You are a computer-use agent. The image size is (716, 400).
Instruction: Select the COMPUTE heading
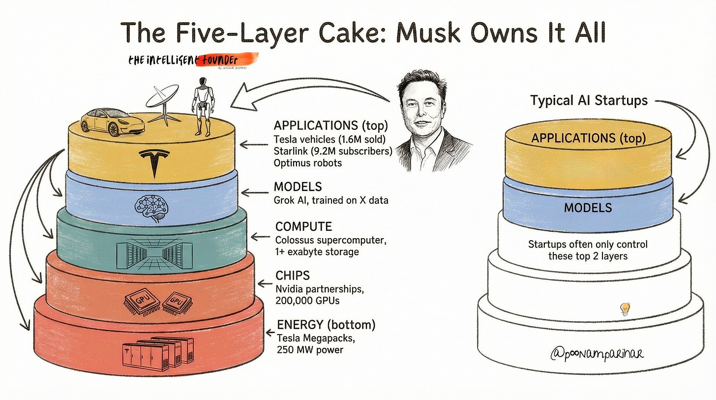[303, 226]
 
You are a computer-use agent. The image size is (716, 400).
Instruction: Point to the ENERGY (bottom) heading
[326, 325]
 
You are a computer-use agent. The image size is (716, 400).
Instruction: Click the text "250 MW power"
[310, 350]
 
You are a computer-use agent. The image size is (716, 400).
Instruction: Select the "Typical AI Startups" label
[589, 101]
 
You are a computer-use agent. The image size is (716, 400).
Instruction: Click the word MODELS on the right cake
[588, 208]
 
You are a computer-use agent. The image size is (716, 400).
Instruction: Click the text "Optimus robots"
[308, 162]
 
